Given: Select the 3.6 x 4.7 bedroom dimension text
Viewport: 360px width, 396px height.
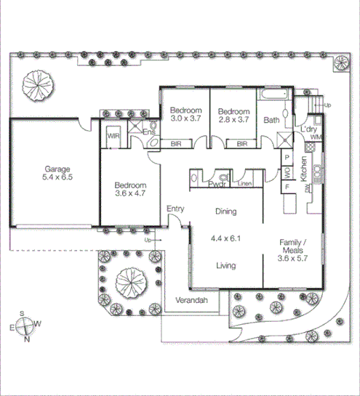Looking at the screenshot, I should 131,194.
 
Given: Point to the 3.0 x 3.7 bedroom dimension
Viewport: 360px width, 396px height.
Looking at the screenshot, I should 185,118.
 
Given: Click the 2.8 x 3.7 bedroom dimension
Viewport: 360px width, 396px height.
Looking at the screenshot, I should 233,118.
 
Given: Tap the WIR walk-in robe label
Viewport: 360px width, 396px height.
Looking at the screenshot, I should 113,136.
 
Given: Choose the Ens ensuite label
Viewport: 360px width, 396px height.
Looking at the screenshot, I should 148,132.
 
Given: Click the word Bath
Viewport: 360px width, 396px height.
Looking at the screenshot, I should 272,120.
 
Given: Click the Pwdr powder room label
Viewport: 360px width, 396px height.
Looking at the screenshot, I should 216,184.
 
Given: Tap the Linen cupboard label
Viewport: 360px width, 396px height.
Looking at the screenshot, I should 244,185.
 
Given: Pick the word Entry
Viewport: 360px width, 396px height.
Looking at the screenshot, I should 175,209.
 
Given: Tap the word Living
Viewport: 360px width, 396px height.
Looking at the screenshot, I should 226,266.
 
